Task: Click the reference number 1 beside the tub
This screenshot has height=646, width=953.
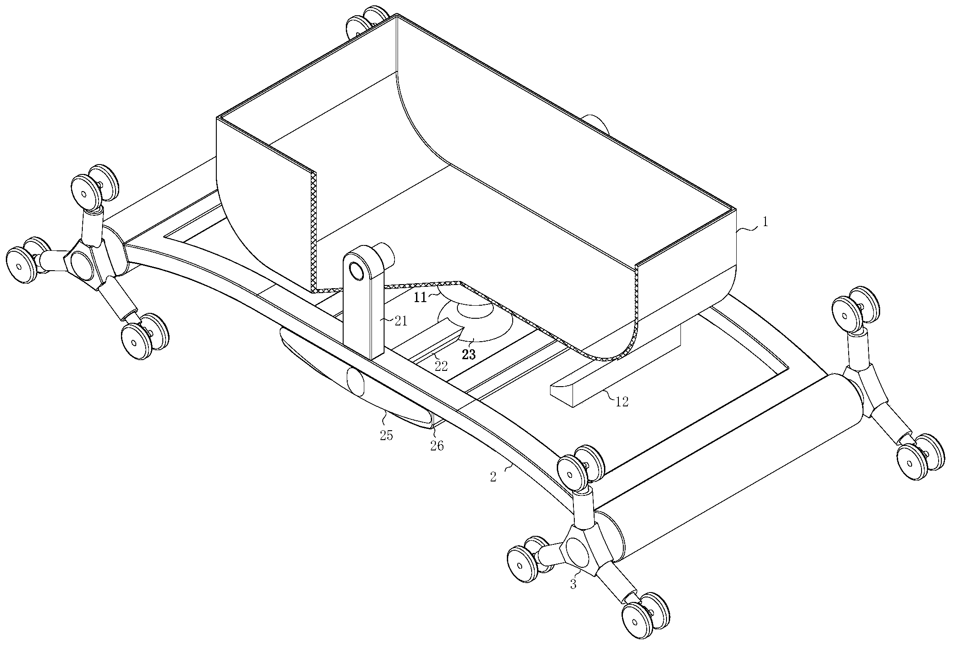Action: (x=765, y=222)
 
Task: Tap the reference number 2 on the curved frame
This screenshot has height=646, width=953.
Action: (x=493, y=477)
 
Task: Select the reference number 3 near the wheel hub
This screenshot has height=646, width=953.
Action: (x=573, y=584)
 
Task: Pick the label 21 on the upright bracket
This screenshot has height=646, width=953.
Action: (x=401, y=320)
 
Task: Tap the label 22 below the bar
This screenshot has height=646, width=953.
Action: (x=441, y=366)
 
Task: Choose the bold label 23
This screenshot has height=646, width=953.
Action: (x=469, y=355)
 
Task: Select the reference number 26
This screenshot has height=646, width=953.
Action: (x=437, y=446)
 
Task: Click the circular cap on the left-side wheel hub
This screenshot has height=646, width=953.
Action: (x=82, y=265)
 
